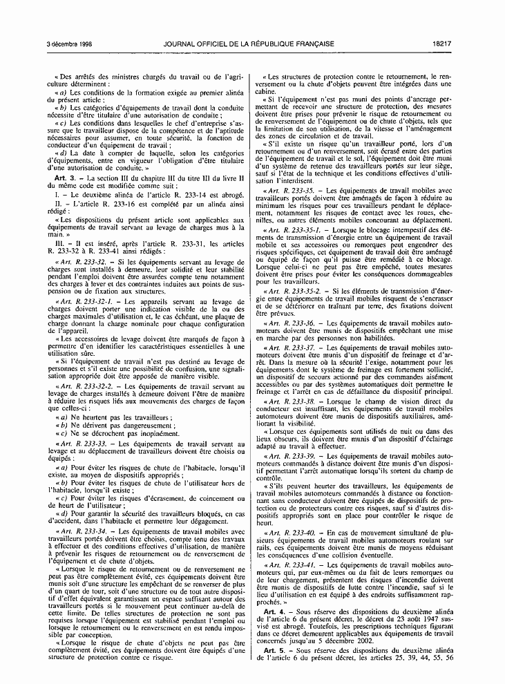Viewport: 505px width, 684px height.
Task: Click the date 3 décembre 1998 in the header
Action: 66,44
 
